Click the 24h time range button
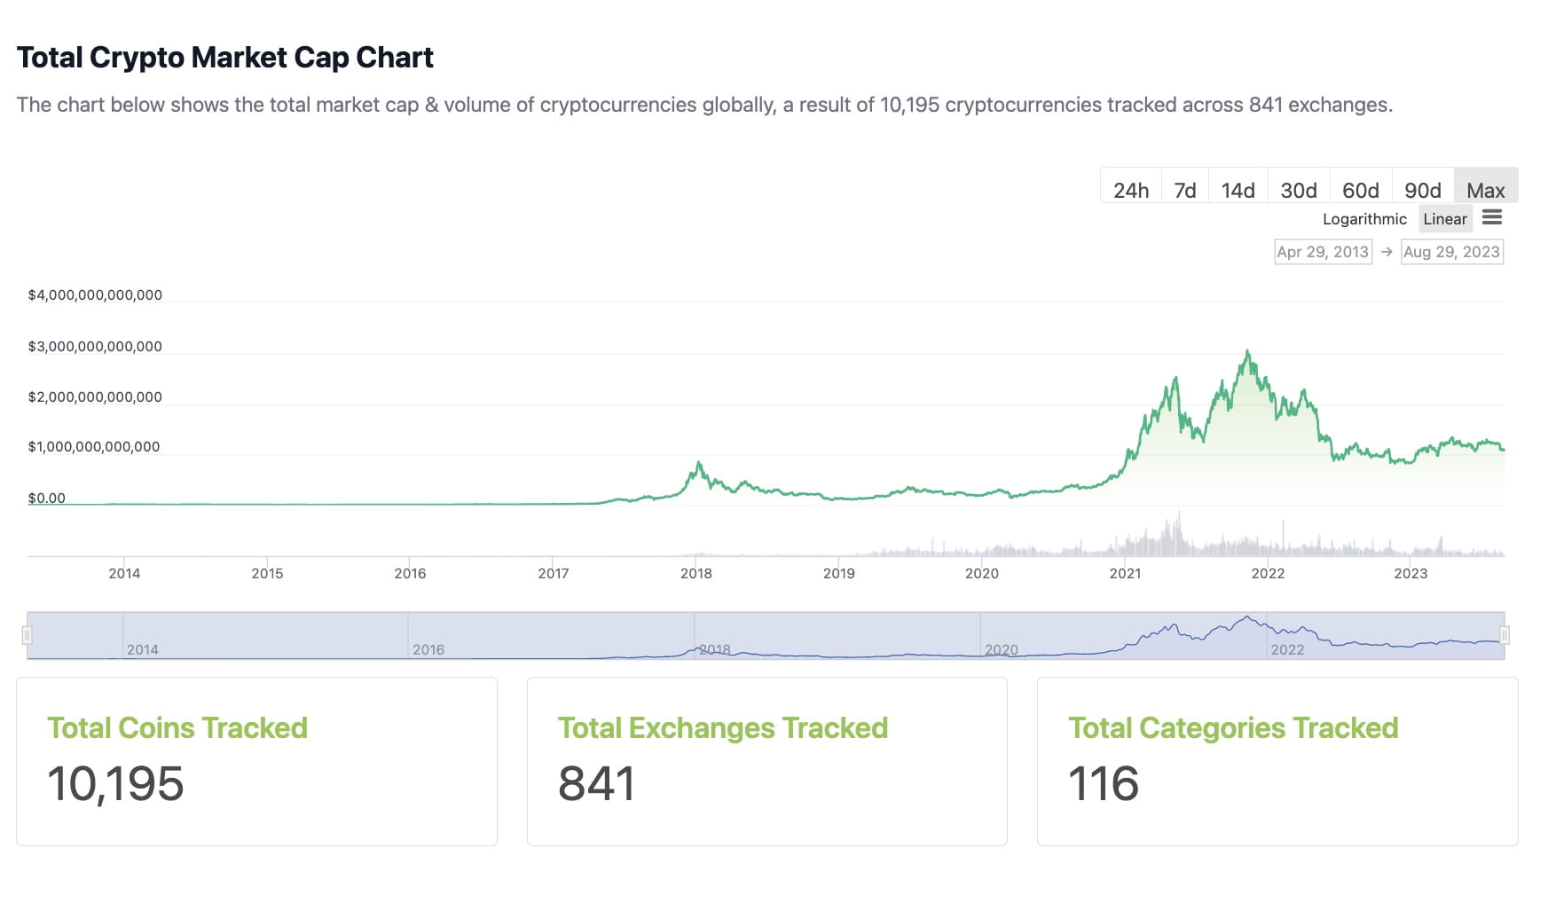point(1131,190)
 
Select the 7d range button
point(1185,190)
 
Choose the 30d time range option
point(1299,190)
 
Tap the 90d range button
point(1423,190)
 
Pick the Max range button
point(1486,190)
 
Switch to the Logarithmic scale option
point(1364,219)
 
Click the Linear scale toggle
point(1445,219)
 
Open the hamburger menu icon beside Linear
point(1492,217)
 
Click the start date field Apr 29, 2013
point(1323,252)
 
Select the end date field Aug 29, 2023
point(1451,252)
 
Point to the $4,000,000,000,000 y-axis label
point(95,295)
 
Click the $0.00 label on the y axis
point(47,499)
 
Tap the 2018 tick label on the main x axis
point(696,574)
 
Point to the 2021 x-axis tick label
point(1125,574)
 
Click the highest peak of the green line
point(1248,352)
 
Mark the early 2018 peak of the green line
point(699,463)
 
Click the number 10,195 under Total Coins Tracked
point(115,784)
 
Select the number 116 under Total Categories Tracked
point(1104,784)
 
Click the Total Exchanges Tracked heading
point(723,728)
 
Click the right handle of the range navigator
point(1505,635)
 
